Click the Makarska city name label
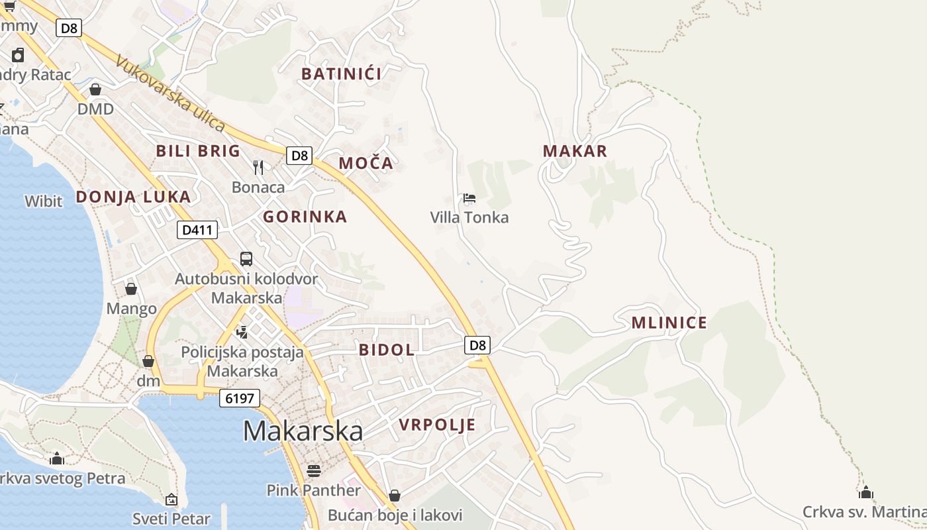click(x=303, y=431)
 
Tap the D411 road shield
click(x=197, y=230)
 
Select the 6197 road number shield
click(x=239, y=398)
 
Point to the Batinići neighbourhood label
click(x=341, y=74)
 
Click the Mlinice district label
click(x=669, y=323)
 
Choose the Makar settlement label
click(x=575, y=151)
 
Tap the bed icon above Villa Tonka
click(x=469, y=198)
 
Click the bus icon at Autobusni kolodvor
click(x=246, y=259)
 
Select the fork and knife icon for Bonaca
click(x=258, y=167)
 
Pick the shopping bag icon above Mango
click(x=131, y=289)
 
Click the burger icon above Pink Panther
click(x=314, y=470)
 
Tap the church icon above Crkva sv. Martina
click(x=865, y=492)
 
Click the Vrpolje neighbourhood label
click(x=437, y=425)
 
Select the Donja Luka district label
click(x=133, y=197)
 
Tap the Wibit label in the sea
click(x=44, y=201)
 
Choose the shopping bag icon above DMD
click(x=95, y=89)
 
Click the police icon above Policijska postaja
click(x=242, y=332)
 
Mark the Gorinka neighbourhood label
click(x=305, y=217)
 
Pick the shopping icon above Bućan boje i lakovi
click(x=395, y=496)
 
